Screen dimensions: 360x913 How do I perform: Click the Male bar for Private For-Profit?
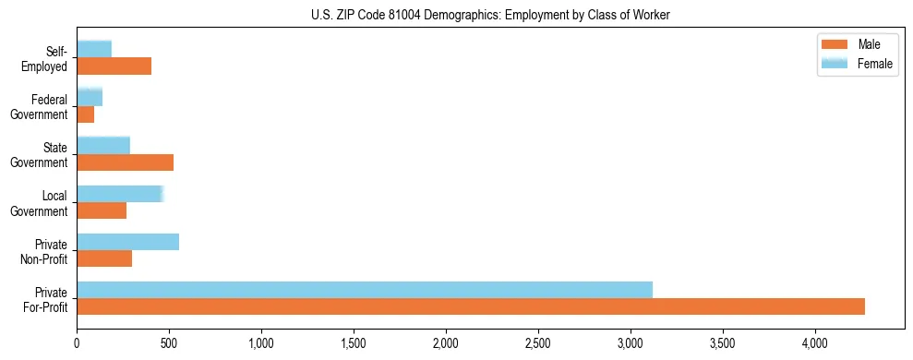(x=471, y=306)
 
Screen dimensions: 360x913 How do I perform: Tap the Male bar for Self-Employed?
(x=114, y=66)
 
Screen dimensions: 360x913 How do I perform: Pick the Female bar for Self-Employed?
(x=94, y=49)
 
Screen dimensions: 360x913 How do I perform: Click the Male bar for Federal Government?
(x=85, y=114)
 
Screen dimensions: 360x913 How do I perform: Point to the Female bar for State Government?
(x=103, y=145)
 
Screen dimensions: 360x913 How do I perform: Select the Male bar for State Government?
(x=125, y=162)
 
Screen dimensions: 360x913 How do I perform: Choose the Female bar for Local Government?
(x=120, y=193)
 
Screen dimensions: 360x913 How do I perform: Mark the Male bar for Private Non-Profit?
(x=104, y=258)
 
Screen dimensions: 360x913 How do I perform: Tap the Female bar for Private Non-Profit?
(x=127, y=241)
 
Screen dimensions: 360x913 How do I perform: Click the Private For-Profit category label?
(x=46, y=299)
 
